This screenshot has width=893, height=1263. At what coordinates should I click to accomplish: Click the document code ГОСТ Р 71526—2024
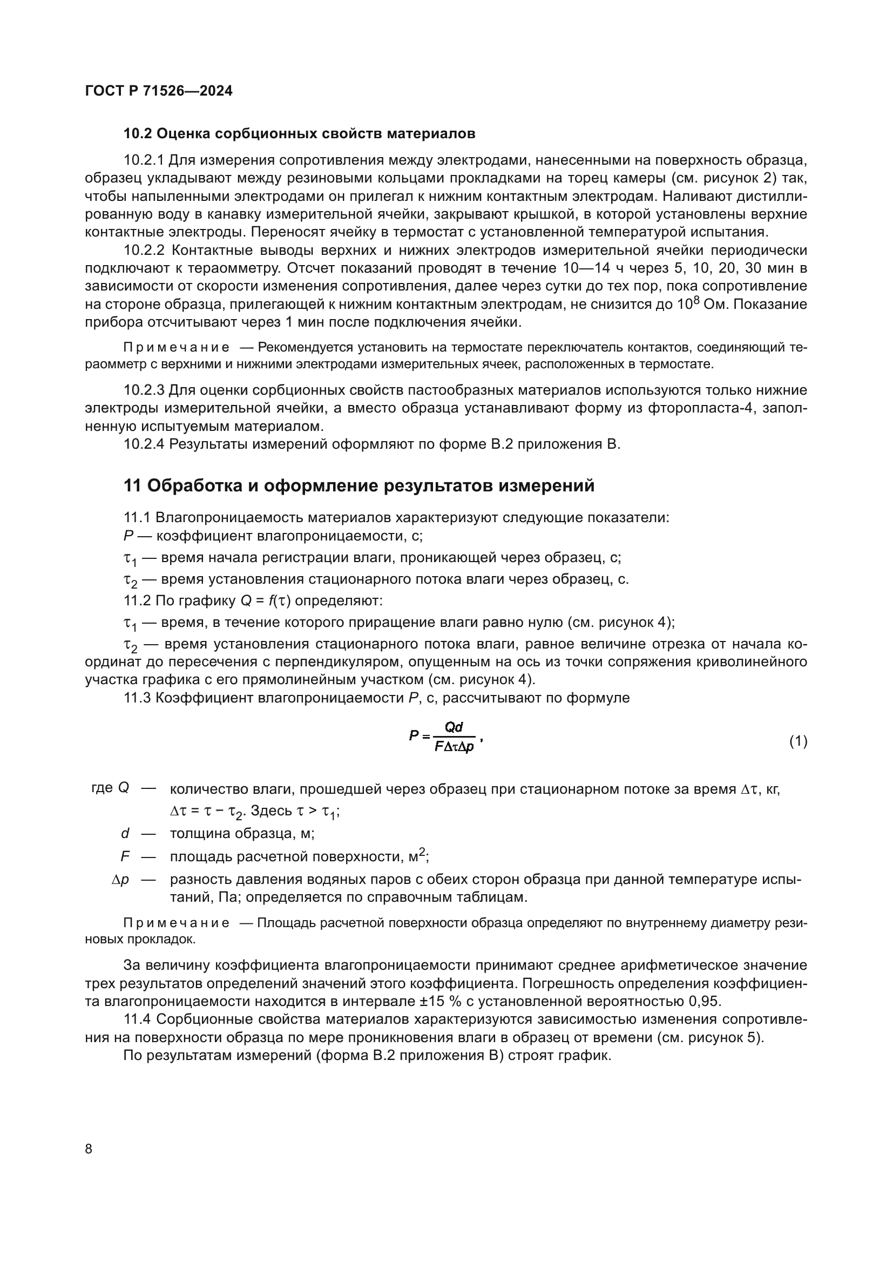159,91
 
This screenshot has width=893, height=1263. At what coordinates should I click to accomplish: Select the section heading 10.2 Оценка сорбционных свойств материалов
299,134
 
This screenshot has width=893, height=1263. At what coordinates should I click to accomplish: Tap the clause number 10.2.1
144,160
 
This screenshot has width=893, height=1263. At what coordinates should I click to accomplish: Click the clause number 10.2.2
144,251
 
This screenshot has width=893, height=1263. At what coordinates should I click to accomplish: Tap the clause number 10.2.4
144,444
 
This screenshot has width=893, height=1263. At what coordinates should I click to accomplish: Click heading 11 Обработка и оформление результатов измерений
359,486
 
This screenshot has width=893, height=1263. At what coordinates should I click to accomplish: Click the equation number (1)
798,741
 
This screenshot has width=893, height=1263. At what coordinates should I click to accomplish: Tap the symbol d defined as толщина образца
125,833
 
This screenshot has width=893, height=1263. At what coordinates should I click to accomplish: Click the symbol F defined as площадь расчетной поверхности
125,857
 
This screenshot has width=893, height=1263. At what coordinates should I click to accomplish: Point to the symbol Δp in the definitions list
120,880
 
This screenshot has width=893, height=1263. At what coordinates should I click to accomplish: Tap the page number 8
89,1149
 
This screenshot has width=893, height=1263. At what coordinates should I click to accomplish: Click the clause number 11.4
137,1019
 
